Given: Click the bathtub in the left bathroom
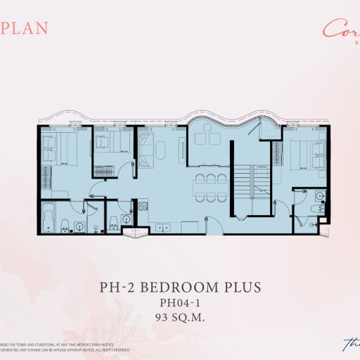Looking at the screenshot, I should pyautogui.click(x=49, y=217).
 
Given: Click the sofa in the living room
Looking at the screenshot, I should pyautogui.click(x=146, y=150).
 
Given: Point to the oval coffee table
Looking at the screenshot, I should pyautogui.click(x=161, y=150).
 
